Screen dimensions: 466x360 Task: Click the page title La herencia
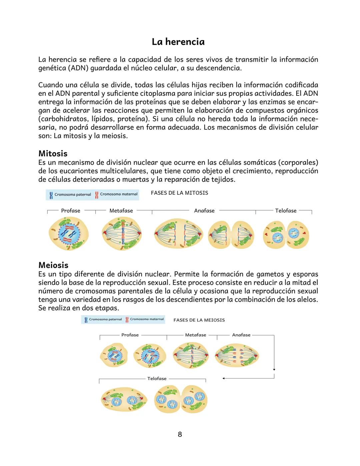click(178, 42)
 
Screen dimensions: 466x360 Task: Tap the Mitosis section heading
click(53, 153)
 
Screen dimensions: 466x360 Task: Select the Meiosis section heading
click(53, 265)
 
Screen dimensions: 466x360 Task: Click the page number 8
click(180, 434)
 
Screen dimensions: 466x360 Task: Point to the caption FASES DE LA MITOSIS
click(179, 193)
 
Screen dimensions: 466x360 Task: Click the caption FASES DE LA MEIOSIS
click(199, 320)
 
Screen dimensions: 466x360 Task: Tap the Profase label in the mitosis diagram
click(71, 211)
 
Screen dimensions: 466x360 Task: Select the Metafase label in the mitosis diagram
click(121, 211)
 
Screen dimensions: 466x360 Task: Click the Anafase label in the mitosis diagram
click(204, 211)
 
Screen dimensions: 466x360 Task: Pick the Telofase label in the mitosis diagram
click(286, 211)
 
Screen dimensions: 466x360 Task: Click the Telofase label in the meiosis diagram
click(157, 379)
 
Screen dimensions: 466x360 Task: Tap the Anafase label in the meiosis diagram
click(241, 335)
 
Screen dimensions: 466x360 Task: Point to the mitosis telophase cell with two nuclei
click(286, 235)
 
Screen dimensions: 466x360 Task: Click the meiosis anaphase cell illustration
click(237, 356)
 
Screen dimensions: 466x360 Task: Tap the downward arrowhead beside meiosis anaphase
click(274, 370)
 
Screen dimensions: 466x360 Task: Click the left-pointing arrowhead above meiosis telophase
click(224, 378)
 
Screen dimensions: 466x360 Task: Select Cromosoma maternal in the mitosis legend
click(118, 194)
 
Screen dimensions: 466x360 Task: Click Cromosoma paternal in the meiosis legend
click(105, 319)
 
